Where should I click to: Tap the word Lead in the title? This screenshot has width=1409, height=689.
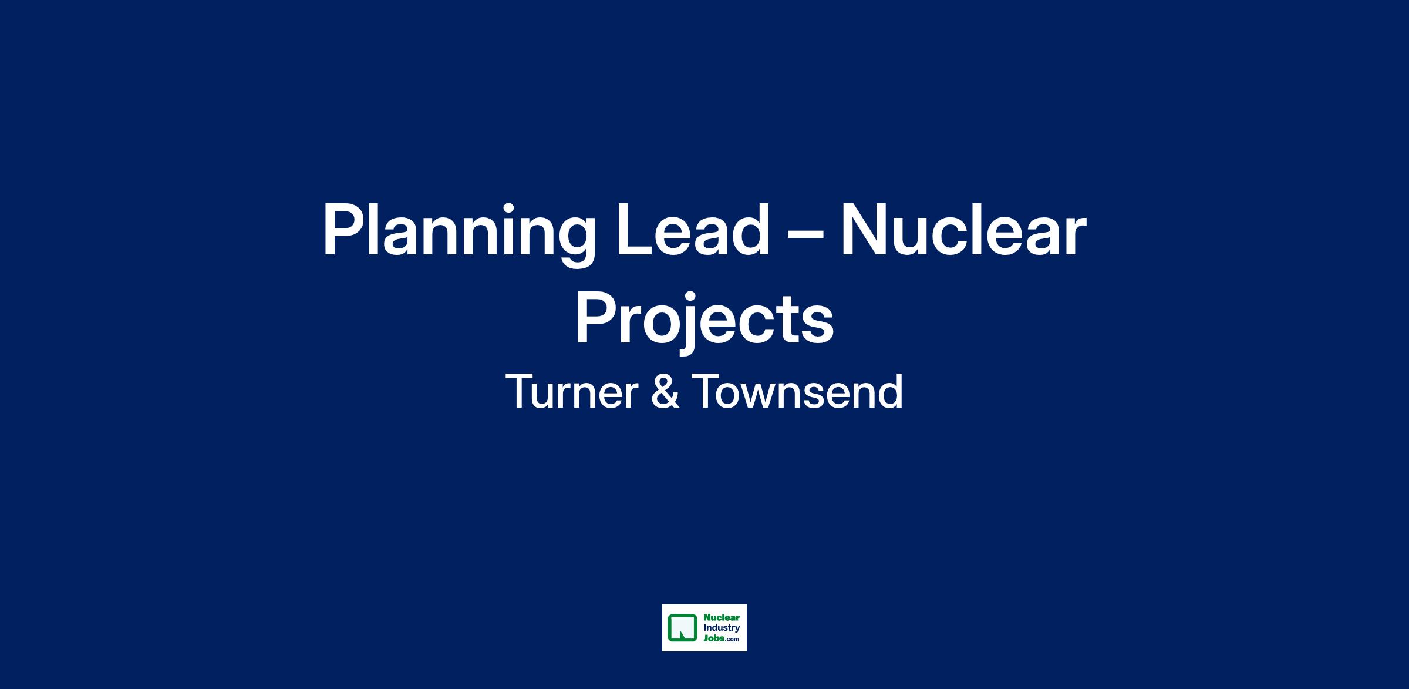pyautogui.click(x=693, y=230)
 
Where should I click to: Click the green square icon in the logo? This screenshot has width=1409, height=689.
pyautogui.click(x=682, y=627)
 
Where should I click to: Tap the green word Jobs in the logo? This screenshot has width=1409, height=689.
pyautogui.click(x=714, y=638)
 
